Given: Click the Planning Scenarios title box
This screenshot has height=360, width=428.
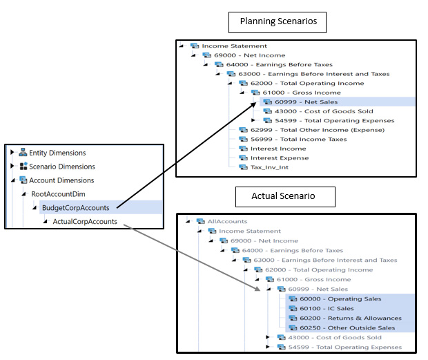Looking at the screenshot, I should click(x=278, y=22).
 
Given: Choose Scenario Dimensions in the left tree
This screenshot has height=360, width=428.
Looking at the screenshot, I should click(x=61, y=167).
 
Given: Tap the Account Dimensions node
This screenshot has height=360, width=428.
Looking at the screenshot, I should click(x=61, y=180).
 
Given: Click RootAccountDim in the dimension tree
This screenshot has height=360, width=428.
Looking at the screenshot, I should click(x=62, y=194).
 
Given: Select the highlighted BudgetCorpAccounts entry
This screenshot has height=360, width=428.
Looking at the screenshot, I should click(x=78, y=207).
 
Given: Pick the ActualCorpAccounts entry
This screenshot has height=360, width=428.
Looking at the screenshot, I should click(x=84, y=222).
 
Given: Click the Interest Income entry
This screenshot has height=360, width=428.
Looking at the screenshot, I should click(x=279, y=149).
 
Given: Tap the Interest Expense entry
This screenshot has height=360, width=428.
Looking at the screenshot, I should click(x=280, y=158).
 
